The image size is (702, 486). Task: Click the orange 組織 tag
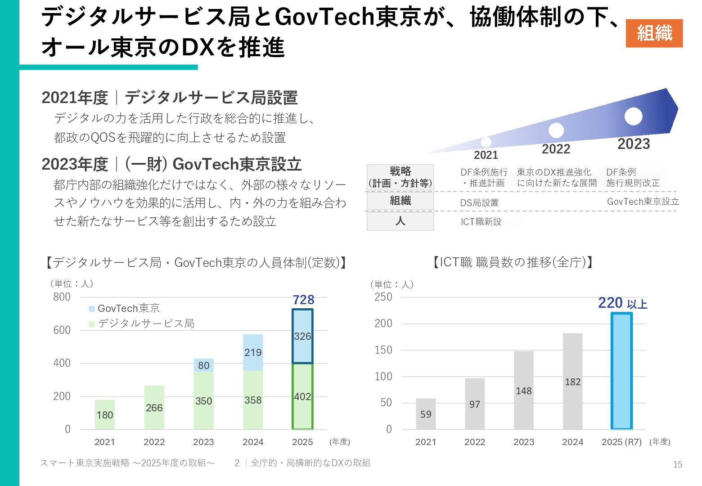[x=654, y=33]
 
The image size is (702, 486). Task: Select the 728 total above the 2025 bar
[x=303, y=300]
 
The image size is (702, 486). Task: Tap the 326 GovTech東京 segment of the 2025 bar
[x=302, y=336]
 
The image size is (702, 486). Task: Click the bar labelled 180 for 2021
[x=105, y=414]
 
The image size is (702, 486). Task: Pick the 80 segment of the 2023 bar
[x=203, y=365]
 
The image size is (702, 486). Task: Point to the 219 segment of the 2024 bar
[x=253, y=352]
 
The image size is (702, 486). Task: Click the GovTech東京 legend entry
[x=124, y=308]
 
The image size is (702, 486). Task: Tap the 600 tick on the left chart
[x=62, y=330]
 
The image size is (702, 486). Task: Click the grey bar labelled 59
[x=426, y=414]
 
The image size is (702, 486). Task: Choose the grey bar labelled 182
[x=572, y=382]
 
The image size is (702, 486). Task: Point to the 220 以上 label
[x=622, y=303]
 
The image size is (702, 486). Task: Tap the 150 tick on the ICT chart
[x=383, y=350]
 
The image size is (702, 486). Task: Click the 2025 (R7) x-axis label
[x=621, y=442]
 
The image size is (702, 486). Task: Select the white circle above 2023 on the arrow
[x=633, y=116]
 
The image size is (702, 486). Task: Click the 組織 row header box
[x=400, y=201]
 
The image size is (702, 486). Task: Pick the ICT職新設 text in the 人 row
[x=481, y=221]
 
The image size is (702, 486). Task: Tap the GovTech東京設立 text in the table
[x=643, y=202]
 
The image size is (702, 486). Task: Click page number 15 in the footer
[x=678, y=465]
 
